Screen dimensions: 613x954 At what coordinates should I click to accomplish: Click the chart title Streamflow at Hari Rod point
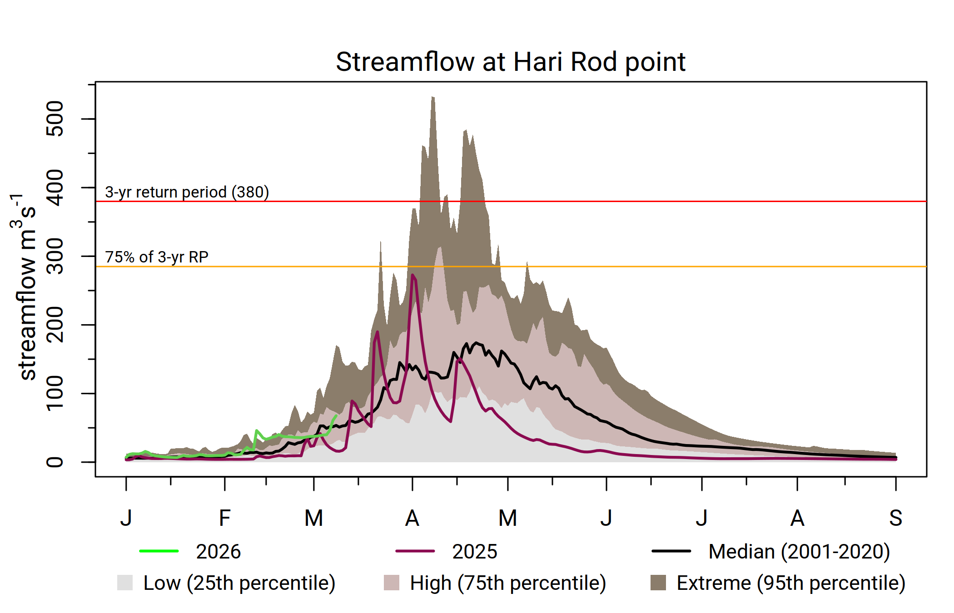[510, 62]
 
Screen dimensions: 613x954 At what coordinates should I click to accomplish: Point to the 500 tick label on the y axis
[55, 119]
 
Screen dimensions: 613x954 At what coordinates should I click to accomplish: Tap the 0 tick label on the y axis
[55, 462]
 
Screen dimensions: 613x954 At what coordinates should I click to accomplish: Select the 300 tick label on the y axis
[55, 256]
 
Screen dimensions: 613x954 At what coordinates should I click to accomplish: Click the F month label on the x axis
[224, 518]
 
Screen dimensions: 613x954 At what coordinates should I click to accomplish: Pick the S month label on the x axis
[895, 518]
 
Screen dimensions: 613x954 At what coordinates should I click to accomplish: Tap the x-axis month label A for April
[412, 518]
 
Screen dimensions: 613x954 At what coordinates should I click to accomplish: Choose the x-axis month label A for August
[797, 518]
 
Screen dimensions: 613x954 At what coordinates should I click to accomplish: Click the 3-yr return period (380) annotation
[187, 192]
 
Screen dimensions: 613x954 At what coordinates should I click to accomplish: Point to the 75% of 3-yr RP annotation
[157, 257]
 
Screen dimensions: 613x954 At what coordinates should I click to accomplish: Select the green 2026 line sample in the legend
[159, 551]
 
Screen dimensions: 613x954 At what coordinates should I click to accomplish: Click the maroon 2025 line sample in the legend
[415, 551]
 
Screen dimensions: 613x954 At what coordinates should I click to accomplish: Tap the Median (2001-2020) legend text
[799, 552]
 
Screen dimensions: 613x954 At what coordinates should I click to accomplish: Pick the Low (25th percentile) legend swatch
[125, 583]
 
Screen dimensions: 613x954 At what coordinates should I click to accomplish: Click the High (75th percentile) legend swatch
[391, 583]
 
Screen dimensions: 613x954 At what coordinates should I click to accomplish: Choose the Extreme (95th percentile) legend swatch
[658, 583]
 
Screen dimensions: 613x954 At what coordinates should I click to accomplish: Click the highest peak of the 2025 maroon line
[412, 275]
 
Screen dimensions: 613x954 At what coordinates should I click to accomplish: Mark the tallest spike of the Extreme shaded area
[433, 97]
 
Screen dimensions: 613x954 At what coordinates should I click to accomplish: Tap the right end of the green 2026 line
[336, 415]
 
